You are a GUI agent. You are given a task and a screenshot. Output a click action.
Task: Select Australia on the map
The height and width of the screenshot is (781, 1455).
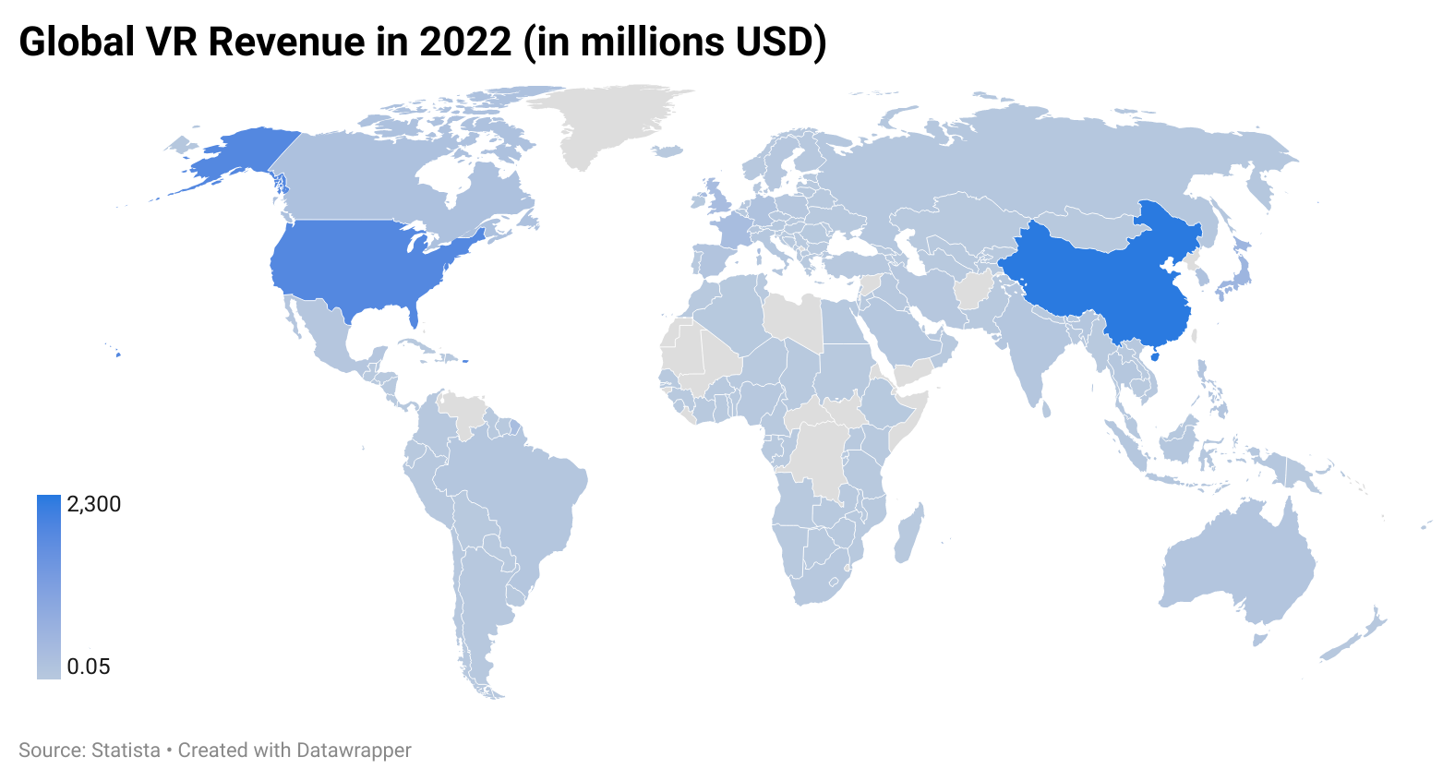pos(1237,563)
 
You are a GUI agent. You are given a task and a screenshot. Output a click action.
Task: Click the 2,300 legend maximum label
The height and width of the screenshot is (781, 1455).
pos(94,504)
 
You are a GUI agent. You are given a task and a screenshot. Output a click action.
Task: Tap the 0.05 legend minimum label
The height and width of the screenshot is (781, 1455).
pos(89,667)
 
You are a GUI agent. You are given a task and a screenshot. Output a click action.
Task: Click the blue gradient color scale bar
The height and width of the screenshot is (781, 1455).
pos(48,586)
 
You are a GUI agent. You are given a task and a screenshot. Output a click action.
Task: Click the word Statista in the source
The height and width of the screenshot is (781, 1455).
pos(126,751)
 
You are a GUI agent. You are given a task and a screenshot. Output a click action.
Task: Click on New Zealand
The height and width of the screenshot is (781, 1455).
pos(1353,637)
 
